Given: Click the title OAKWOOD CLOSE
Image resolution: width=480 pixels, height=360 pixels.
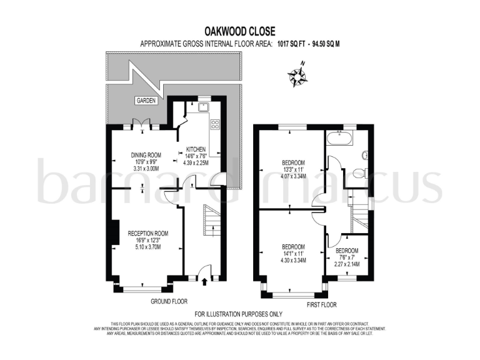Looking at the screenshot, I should (240, 31).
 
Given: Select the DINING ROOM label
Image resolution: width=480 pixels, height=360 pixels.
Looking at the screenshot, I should (145, 155).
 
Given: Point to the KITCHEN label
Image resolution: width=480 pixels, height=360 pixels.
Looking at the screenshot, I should (196, 150).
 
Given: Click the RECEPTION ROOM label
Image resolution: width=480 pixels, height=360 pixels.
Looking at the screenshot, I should (144, 233).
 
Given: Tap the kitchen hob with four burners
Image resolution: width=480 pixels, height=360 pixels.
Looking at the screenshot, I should (216, 124).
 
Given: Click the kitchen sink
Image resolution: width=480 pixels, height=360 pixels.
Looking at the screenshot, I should (202, 107).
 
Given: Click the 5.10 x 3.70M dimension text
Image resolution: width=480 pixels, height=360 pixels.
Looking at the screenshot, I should (144, 247).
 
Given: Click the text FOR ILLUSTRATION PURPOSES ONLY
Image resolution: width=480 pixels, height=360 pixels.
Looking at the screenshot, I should (239, 314).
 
